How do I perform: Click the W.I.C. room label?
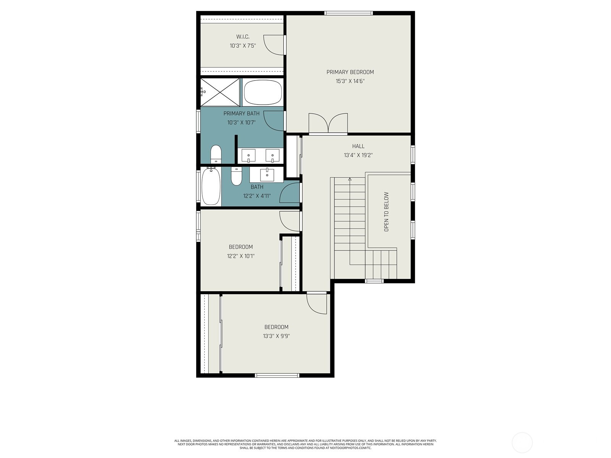point(243,37)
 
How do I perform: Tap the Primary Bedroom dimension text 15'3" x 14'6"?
point(350,81)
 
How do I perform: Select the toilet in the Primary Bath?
point(216,154)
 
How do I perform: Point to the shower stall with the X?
point(220,92)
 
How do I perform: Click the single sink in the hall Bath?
point(267,174)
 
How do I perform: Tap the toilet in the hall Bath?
point(236,176)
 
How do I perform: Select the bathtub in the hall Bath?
point(211,186)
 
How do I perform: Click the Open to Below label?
point(386,211)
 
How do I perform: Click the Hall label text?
point(358,146)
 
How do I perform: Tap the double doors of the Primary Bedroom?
point(328,123)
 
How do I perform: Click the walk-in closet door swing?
point(274,45)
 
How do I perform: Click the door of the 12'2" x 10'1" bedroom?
point(289,221)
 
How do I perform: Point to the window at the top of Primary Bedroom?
point(348,13)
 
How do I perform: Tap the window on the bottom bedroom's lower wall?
point(277,376)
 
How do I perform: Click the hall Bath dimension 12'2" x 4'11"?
point(257,196)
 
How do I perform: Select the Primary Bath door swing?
point(274,121)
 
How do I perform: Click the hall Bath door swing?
point(289,192)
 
